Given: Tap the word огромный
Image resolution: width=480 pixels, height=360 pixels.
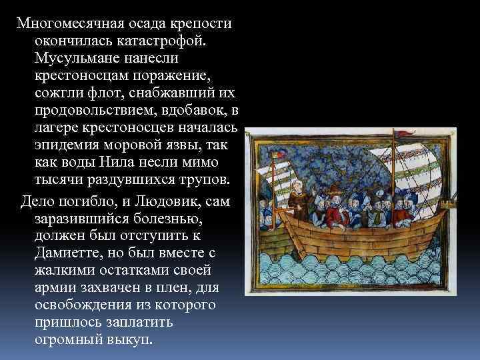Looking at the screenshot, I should coord(67,339).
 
